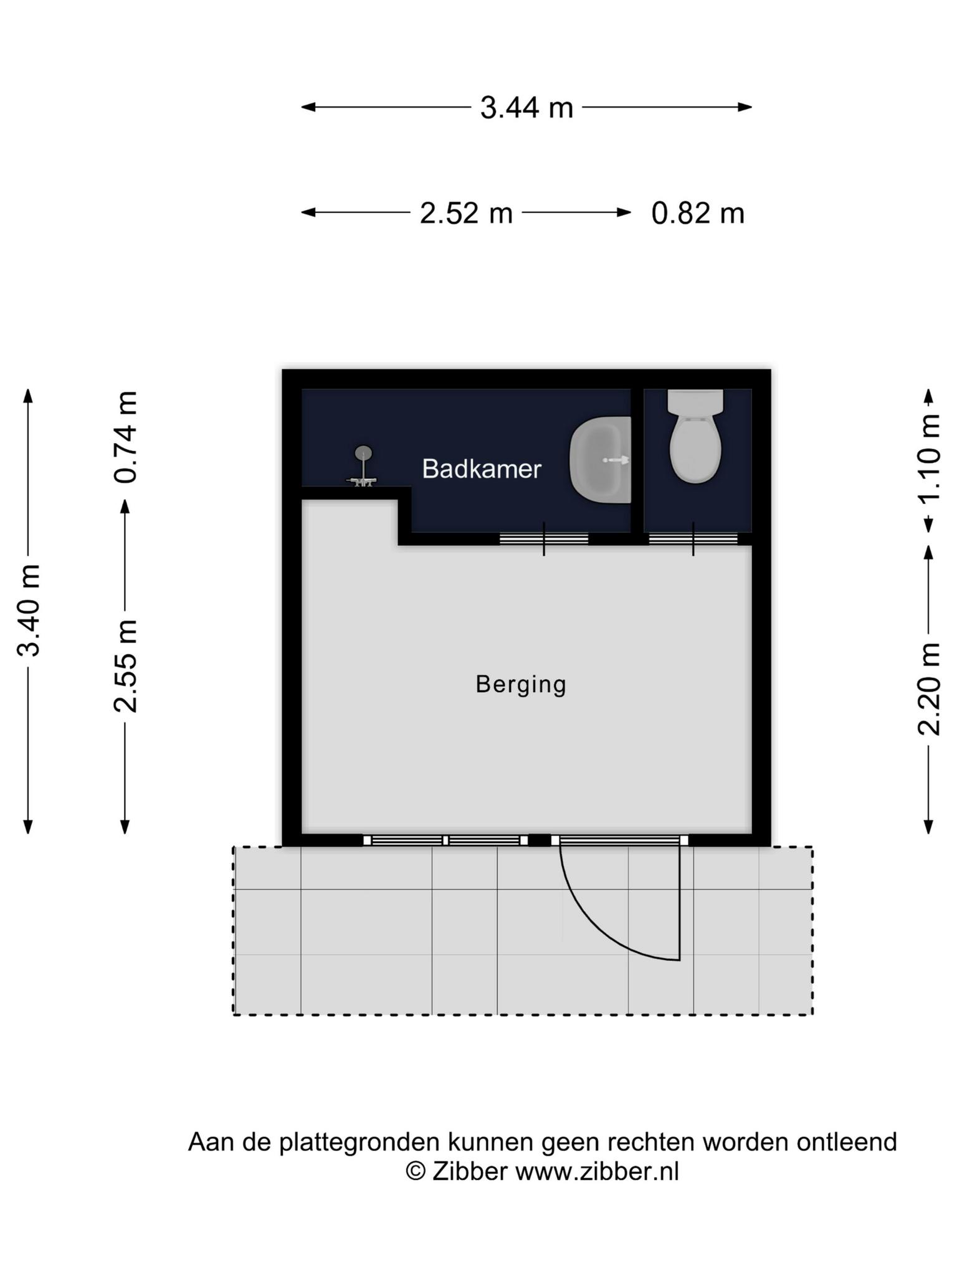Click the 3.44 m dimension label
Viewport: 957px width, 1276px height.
(x=526, y=108)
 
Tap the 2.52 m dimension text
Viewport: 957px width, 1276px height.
(x=466, y=213)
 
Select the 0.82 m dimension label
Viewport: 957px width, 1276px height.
(x=698, y=213)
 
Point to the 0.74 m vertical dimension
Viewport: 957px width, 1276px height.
(x=125, y=437)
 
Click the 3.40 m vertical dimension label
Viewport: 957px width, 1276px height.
(x=29, y=611)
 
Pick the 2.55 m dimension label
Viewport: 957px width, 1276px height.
(x=125, y=666)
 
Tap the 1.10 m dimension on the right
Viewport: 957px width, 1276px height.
(x=929, y=458)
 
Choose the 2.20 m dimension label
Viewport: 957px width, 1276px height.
(x=929, y=689)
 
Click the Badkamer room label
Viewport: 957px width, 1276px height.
(x=482, y=469)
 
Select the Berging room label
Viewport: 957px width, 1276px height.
(x=521, y=685)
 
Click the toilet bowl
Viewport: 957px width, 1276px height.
(x=695, y=449)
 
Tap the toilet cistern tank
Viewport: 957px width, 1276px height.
(x=695, y=402)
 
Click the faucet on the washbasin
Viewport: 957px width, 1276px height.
(x=616, y=460)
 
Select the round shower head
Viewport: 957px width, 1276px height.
(x=363, y=452)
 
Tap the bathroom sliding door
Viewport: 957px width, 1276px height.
(x=544, y=539)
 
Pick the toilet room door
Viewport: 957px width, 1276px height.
(x=693, y=539)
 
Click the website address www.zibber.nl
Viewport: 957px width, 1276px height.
(x=597, y=1172)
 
